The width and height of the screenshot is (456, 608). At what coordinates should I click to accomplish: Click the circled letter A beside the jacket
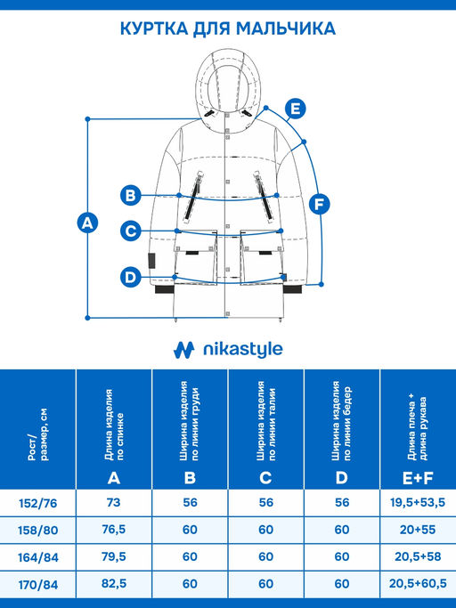pyautogui.click(x=87, y=223)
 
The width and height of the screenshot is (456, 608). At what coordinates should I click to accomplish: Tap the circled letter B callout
pyautogui.click(x=130, y=195)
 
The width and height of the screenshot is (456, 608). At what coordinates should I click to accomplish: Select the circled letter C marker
pyautogui.click(x=130, y=231)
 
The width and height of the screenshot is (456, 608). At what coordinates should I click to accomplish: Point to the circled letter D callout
pyautogui.click(x=130, y=277)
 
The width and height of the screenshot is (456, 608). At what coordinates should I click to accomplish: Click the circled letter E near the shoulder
pyautogui.click(x=296, y=109)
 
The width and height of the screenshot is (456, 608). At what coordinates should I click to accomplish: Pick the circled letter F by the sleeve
pyautogui.click(x=320, y=204)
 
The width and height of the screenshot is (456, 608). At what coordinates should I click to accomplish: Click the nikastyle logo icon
pyautogui.click(x=183, y=350)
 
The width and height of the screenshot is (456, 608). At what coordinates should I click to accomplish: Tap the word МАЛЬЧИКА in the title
pyautogui.click(x=286, y=28)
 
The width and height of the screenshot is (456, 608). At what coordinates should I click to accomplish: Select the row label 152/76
pyautogui.click(x=38, y=503)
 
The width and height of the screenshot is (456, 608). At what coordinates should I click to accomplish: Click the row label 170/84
pyautogui.click(x=38, y=584)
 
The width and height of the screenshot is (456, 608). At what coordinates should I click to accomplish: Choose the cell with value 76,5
pyautogui.click(x=114, y=530)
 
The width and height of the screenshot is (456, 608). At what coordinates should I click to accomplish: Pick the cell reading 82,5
pyautogui.click(x=114, y=583)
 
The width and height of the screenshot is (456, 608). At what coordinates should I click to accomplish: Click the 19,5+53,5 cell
pyautogui.click(x=418, y=503)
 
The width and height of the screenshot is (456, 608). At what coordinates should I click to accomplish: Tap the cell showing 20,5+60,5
pyautogui.click(x=418, y=583)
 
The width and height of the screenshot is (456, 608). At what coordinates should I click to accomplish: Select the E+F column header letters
pyautogui.click(x=418, y=479)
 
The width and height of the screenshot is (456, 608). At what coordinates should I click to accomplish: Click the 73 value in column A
pyautogui.click(x=114, y=503)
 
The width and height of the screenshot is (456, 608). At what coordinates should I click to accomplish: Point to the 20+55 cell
pyautogui.click(x=418, y=530)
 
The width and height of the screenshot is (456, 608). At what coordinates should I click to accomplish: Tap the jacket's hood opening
pyautogui.click(x=227, y=86)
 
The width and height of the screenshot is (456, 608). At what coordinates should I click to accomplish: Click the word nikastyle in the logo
pyautogui.click(x=243, y=349)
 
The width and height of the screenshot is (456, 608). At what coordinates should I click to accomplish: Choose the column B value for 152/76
pyautogui.click(x=190, y=503)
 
